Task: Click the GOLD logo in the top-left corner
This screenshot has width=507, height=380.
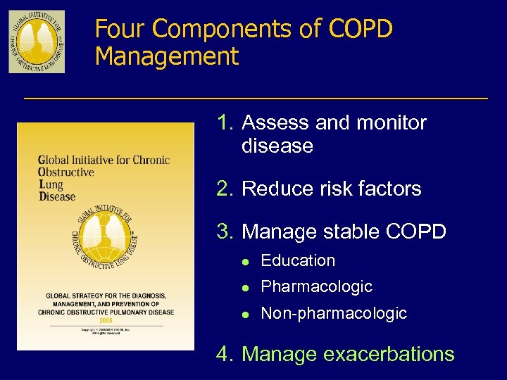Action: click(37, 42)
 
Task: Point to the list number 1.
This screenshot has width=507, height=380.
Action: click(225, 123)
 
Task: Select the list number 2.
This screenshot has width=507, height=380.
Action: click(225, 189)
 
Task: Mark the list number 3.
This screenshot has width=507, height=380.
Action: click(225, 232)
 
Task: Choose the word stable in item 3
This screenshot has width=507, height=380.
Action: click(342, 232)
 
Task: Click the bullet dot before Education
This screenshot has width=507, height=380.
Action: click(242, 261)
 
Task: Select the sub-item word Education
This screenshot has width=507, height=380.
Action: click(298, 260)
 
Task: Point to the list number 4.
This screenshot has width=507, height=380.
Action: click(225, 354)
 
